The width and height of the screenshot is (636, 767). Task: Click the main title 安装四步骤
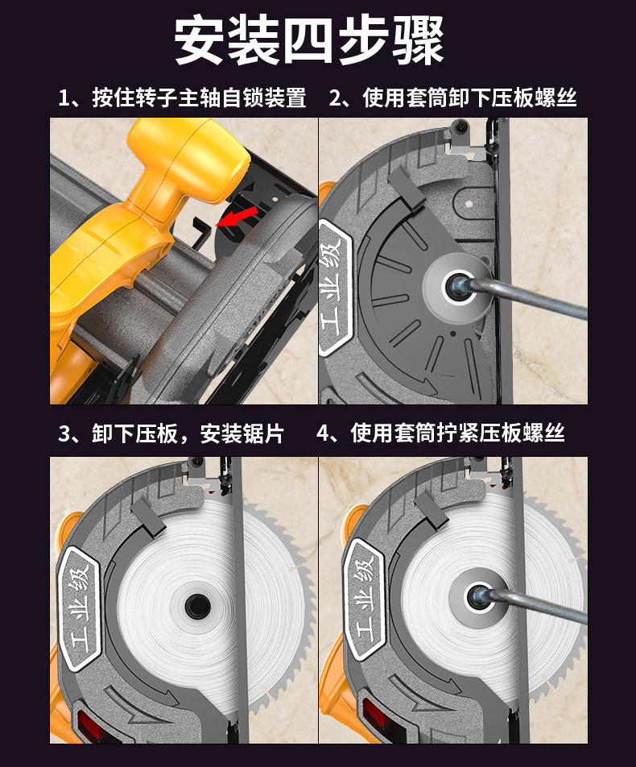(x=309, y=40)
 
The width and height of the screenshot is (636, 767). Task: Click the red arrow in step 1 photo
(x=237, y=216)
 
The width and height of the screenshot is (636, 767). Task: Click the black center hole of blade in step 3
(x=197, y=607)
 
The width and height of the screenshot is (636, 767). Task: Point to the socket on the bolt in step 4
(x=479, y=597)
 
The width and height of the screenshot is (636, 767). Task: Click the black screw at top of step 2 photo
(x=460, y=128)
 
